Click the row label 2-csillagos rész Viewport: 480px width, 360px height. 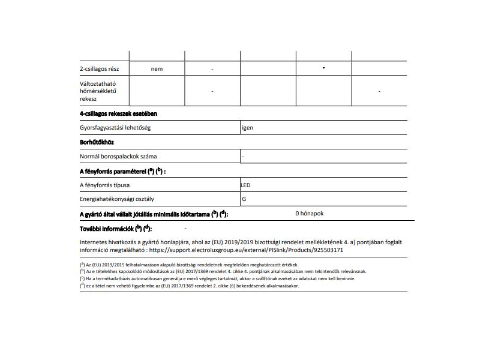(100, 69)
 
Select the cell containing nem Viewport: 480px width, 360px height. (157, 69)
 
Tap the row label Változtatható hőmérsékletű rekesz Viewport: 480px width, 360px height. (98, 91)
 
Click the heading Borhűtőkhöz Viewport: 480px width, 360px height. (97, 142)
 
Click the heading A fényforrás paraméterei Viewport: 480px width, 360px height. (122, 171)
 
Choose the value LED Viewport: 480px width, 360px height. (247, 185)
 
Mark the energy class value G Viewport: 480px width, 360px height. (244, 199)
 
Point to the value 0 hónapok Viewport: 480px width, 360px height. (310, 214)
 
